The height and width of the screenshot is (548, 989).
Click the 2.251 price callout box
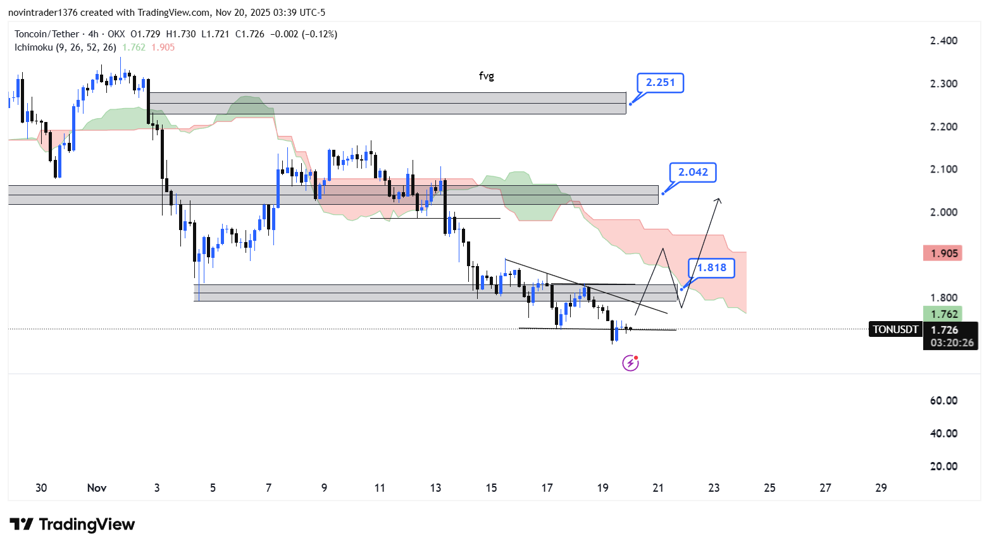[660, 83]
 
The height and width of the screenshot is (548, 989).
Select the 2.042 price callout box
[693, 173]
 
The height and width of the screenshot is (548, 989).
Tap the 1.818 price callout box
[712, 268]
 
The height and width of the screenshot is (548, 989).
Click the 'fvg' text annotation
[486, 76]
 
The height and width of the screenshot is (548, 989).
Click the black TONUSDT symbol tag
[895, 329]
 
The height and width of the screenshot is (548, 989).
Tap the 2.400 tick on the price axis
[943, 40]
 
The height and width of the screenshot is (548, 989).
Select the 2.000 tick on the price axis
[943, 212]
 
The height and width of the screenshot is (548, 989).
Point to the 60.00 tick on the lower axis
[943, 401]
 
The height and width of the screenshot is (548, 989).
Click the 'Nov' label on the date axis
[97, 488]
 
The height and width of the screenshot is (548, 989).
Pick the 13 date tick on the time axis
[435, 488]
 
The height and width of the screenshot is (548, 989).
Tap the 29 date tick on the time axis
[881, 488]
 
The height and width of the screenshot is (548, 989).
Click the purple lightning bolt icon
[630, 363]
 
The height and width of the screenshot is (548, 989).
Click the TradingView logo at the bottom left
[72, 525]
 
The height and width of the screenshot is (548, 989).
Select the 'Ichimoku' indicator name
[34, 47]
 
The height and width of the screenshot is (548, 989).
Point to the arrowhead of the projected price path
[718, 200]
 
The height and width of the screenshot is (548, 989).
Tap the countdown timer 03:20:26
[952, 343]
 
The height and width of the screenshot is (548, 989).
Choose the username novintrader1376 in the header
[42, 13]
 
